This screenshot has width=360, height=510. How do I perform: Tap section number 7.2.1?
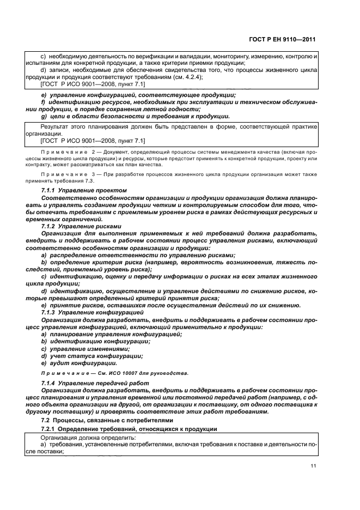click(x=50, y=429)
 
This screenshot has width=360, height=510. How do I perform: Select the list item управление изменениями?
click(x=90, y=349)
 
